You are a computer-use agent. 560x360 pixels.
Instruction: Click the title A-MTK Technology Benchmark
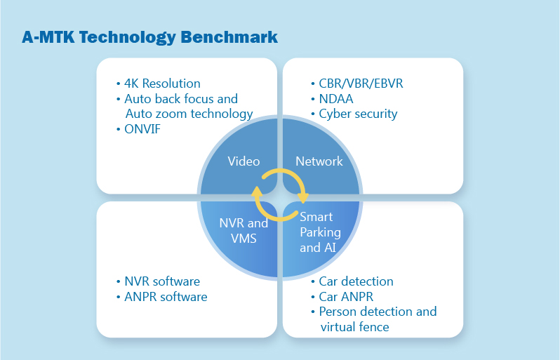(x=149, y=37)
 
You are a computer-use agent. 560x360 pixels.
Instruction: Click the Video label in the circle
(x=244, y=161)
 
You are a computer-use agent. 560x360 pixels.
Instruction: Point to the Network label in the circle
(x=319, y=161)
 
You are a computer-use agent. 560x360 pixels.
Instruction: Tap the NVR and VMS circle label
(x=244, y=231)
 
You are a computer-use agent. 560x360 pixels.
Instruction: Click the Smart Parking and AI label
(x=321, y=232)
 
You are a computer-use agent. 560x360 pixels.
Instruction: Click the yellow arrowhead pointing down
(x=303, y=196)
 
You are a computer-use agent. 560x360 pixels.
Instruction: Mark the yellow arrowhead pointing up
(x=257, y=192)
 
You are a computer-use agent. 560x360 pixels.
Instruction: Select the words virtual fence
(x=354, y=327)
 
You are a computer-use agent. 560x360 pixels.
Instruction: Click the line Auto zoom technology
(x=189, y=114)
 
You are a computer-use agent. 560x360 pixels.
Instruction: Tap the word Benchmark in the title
(x=229, y=37)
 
